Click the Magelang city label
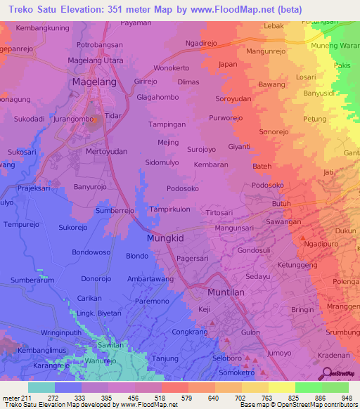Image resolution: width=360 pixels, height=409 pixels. pos(95,82)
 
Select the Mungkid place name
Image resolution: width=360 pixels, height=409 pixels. pos(166,238)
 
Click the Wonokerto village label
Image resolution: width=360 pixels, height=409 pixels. pos(172,68)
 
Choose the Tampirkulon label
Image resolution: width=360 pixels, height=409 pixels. pos(170,209)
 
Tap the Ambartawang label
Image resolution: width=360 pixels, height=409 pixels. pos(150,278)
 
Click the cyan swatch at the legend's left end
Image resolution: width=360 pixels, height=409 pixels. pos(41,387)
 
